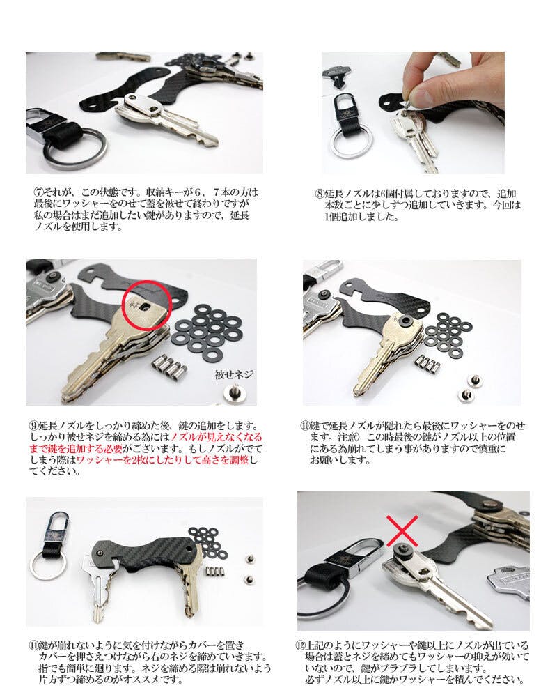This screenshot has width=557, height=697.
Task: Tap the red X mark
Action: [402, 530]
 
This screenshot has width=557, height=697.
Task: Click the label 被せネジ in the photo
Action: [234, 374]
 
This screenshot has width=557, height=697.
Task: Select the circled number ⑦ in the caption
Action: [38, 193]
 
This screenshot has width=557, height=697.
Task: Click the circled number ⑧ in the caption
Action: [320, 194]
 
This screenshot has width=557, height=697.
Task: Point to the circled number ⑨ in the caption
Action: [33, 425]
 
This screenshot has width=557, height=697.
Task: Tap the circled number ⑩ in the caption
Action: [305, 425]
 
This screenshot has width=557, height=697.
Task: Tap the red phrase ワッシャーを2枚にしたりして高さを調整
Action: [162, 459]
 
